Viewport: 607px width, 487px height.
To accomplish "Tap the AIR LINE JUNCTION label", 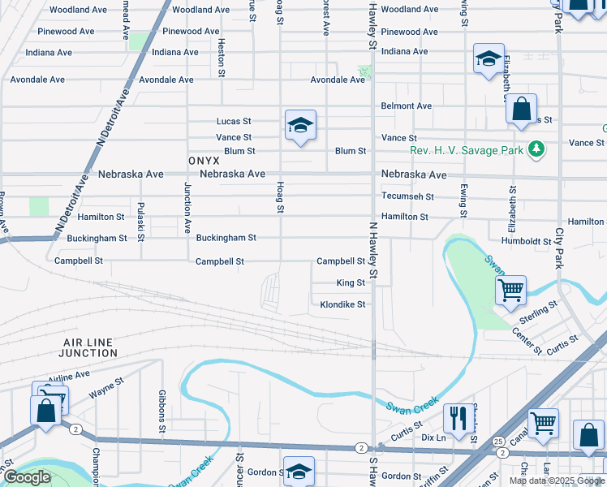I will pos(89,348).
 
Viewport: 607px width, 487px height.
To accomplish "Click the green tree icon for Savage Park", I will pos(535,149).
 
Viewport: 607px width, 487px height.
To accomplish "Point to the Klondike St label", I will pos(342,304).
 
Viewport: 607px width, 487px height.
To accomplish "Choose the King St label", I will pos(351,283).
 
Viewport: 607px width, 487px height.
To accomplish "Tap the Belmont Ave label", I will pos(407,106).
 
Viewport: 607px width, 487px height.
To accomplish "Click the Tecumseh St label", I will pos(407,196).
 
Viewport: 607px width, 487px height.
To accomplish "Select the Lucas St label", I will pos(234,121).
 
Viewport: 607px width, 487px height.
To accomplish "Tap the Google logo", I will pos(27,477).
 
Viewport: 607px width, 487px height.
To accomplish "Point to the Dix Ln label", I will pos(434,437).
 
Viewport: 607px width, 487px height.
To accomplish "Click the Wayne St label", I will pos(105,392).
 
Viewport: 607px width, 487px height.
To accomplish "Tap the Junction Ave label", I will pos(187,207).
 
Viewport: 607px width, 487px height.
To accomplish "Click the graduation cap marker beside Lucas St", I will pos(300,125).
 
